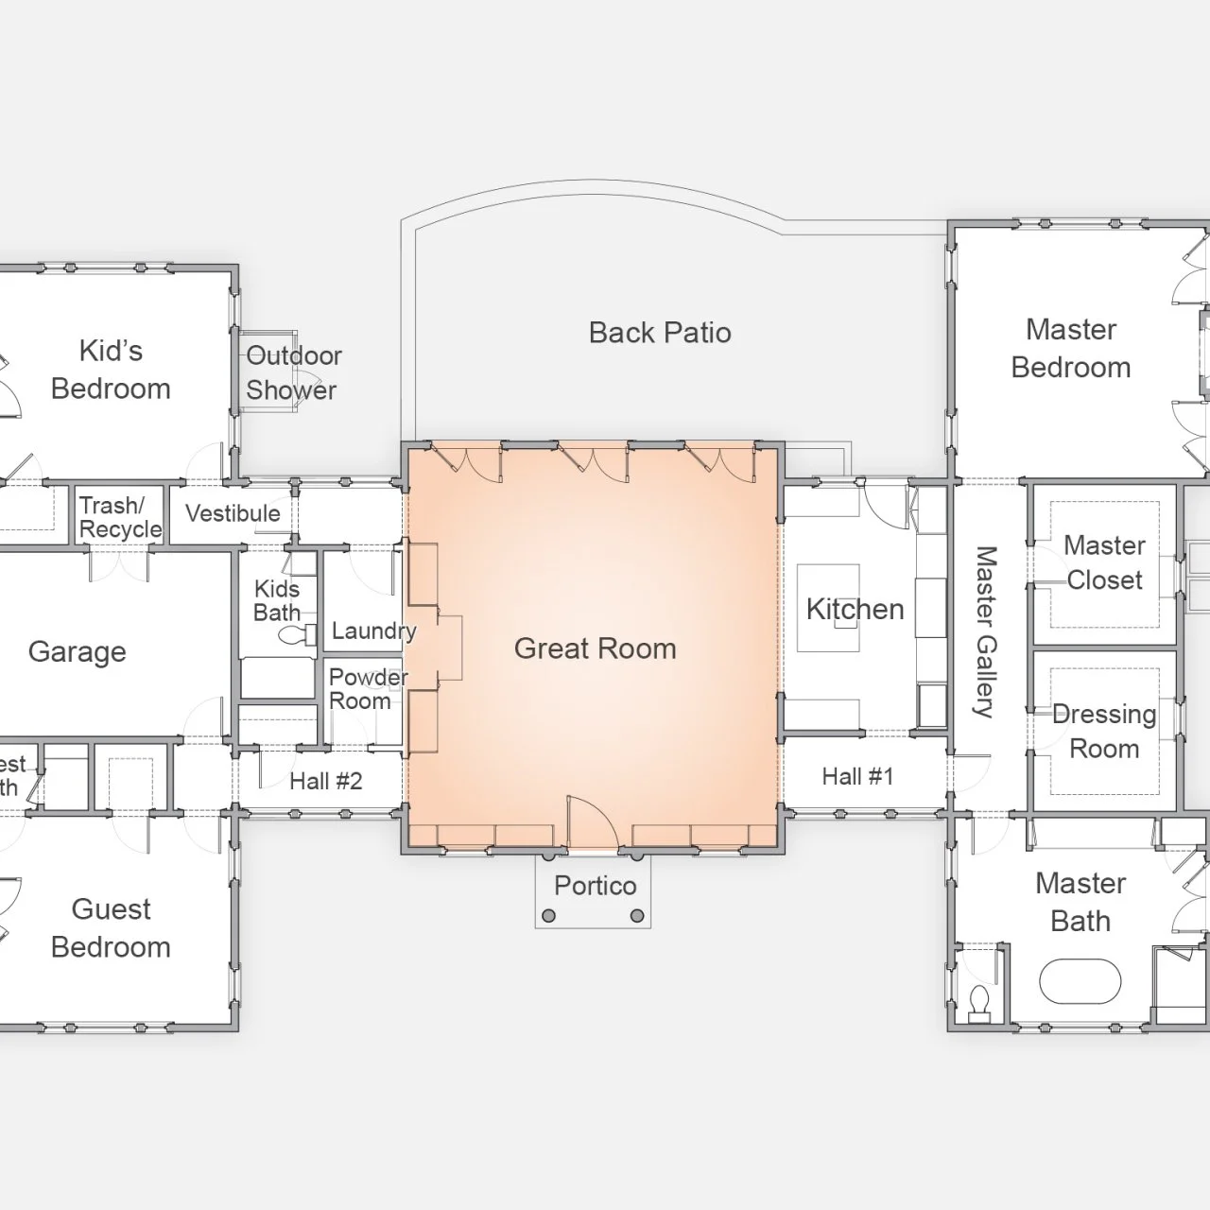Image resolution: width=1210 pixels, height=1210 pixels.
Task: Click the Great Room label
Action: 595,648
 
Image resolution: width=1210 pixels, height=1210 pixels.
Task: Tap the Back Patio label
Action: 660,333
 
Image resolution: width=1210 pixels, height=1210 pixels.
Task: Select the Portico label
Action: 595,886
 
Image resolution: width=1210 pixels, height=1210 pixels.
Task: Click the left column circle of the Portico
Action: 549,915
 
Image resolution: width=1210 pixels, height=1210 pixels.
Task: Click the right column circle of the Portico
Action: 637,915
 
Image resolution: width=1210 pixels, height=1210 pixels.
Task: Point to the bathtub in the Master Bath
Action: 1080,982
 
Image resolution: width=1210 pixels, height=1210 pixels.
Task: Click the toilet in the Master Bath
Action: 979,1000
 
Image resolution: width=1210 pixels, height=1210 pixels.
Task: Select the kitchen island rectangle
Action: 828,609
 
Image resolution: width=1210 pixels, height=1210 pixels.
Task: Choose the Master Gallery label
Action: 985,631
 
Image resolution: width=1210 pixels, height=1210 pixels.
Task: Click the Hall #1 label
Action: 856,777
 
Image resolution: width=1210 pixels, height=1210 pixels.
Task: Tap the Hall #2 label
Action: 325,782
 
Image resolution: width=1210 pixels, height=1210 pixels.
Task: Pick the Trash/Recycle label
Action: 119,517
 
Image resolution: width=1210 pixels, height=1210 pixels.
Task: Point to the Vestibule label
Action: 233,513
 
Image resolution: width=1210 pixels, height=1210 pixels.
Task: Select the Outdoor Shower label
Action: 293,372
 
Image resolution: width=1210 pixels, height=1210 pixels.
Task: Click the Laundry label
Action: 373,631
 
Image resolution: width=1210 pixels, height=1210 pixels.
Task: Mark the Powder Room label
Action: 367,689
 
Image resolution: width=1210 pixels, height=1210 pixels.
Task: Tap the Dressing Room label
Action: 1103,732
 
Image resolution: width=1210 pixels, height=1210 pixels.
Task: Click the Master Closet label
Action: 1103,562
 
